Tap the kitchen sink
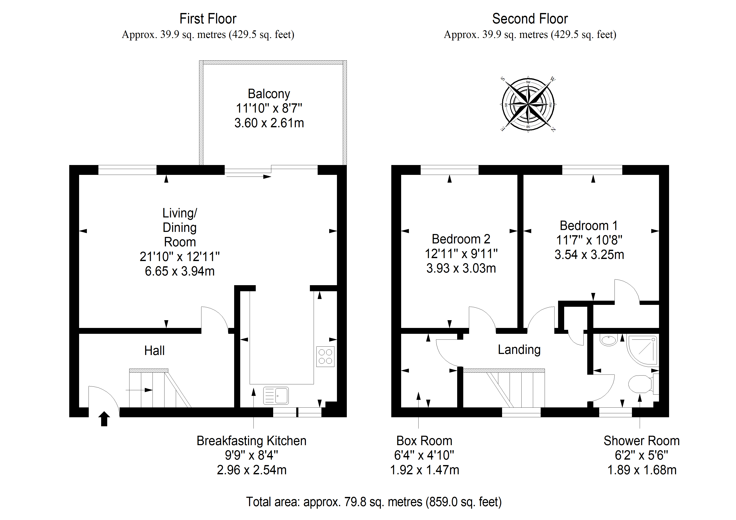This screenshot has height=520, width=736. pos(276,395)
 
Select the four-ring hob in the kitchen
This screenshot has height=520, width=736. pos(325,357)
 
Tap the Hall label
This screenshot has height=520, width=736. pos(154,351)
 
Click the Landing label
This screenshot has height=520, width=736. pos(519,350)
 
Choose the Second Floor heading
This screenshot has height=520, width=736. pos(530,19)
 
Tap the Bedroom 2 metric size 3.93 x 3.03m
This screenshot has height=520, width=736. pos(461,268)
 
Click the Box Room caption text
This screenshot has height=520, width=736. pos(424,441)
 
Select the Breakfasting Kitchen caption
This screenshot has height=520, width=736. pos(251,441)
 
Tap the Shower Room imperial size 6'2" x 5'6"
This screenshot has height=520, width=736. pos(641,455)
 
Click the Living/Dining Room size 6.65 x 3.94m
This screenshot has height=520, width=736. pos(180,271)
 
